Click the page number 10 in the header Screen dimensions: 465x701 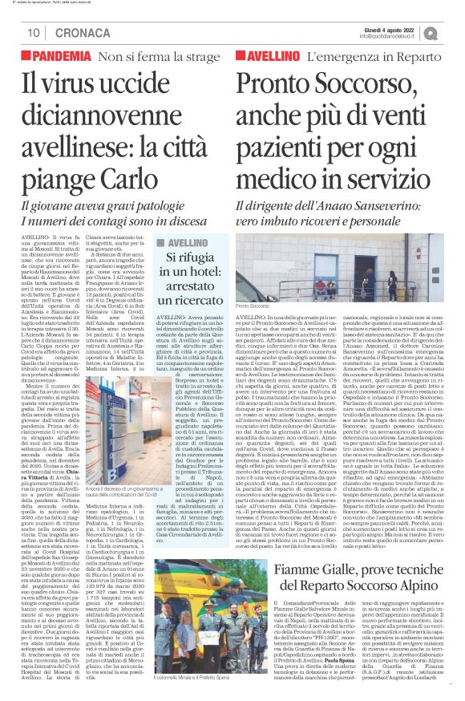(34, 33)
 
